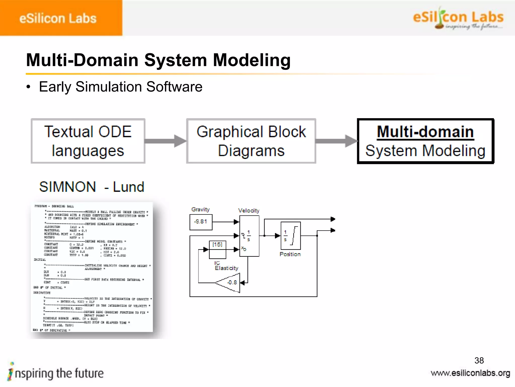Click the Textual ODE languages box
[88, 141]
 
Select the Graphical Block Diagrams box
[251, 141]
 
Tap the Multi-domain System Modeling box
[425, 141]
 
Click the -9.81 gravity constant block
[201, 222]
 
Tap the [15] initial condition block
[218, 249]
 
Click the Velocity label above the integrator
[248, 211]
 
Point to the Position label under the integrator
[290, 254]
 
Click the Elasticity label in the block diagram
[226, 268]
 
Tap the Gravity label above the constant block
[200, 209]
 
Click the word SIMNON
[67, 187]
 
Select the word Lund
[128, 187]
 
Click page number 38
[479, 361]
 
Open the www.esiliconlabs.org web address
[470, 373]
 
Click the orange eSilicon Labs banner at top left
[61, 18]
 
